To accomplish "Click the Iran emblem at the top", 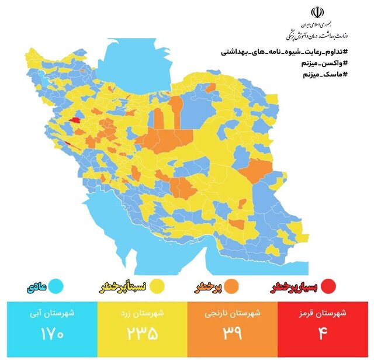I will (x=317, y=13).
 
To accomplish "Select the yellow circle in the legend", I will (x=157, y=287).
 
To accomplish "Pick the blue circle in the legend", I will (x=56, y=287).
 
